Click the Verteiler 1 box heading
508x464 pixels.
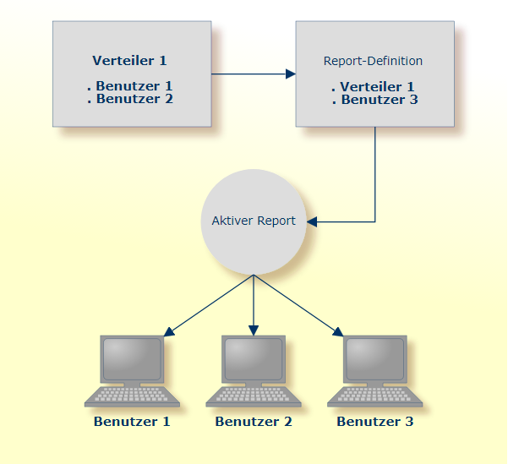pos(129,61)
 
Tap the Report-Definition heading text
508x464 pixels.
pos(373,61)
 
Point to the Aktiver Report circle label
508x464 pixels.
pos(254,221)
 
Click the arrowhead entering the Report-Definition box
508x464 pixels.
pos(290,74)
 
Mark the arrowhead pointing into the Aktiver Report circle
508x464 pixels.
pos(312,222)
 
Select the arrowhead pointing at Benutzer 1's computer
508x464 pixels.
pos(169,331)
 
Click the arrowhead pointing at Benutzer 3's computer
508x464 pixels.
pos(338,331)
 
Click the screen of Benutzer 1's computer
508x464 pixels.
pos(132,358)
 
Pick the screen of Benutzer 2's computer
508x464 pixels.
pos(254,358)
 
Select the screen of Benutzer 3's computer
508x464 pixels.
pos(375,358)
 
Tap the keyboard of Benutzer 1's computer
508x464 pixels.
pos(132,396)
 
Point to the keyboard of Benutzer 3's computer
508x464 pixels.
pos(375,396)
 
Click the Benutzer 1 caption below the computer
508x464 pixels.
pos(132,421)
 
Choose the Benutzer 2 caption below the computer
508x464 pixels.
pos(254,421)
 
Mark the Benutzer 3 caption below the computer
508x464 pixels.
pos(375,421)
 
